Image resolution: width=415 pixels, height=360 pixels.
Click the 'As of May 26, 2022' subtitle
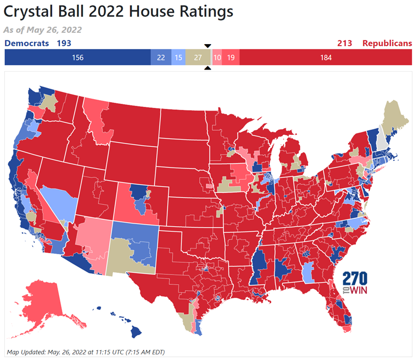point(43,30)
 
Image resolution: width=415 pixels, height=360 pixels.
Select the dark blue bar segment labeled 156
point(77,58)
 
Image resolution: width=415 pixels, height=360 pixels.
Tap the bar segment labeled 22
point(161,58)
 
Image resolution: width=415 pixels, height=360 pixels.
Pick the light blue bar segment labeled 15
point(178,58)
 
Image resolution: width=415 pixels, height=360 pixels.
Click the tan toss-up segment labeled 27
point(198,58)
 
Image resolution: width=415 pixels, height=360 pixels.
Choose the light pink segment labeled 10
point(217,58)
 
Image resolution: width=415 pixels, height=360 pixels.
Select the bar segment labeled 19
point(231,58)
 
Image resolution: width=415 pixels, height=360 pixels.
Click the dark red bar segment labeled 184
point(325,58)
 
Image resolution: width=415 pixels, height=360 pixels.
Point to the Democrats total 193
point(64,44)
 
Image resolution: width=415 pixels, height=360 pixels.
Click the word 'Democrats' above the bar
point(27,44)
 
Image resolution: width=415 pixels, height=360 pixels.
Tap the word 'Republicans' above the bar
point(386,44)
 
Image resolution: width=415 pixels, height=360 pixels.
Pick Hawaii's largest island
point(136,330)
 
